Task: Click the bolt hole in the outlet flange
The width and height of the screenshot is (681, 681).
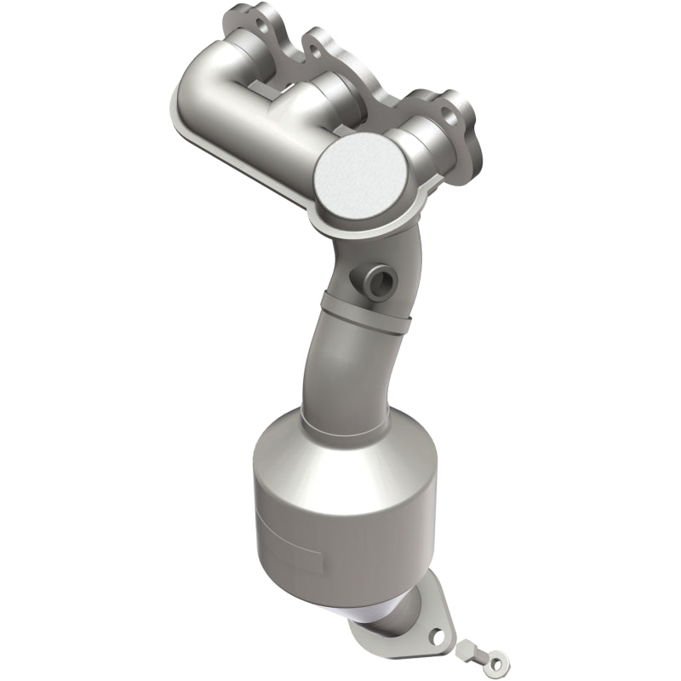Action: [437, 636]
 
